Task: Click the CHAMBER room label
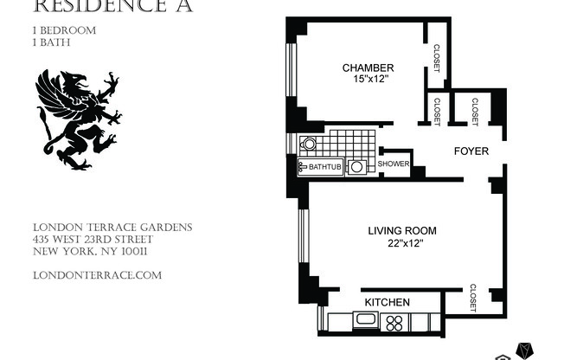pyautogui.click(x=368, y=67)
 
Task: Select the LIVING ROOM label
pyautogui.click(x=401, y=230)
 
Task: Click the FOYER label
pyautogui.click(x=471, y=151)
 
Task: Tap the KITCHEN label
pyautogui.click(x=387, y=302)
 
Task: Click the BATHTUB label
pyautogui.click(x=322, y=167)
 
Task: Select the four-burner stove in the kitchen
pyautogui.click(x=394, y=323)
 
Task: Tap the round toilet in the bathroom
pyautogui.click(x=309, y=144)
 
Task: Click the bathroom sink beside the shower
pyautogui.click(x=357, y=167)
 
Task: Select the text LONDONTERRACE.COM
pyautogui.click(x=96, y=275)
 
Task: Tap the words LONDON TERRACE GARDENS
pyautogui.click(x=112, y=228)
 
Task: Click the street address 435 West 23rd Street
pyautogui.click(x=93, y=240)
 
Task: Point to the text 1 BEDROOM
pyautogui.click(x=63, y=29)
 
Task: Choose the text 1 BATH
pyautogui.click(x=51, y=42)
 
